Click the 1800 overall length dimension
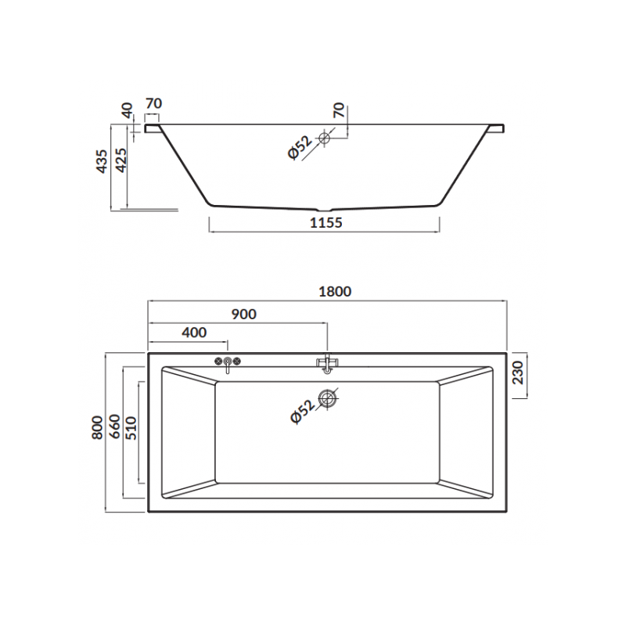pos(335,291)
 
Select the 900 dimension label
pos(244,315)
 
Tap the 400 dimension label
pos(194,332)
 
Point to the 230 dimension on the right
pos(518,372)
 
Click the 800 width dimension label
pos(97,427)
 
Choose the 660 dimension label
pos(114,426)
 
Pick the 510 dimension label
pos(131,428)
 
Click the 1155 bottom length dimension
pos(326,222)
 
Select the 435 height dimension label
pos(102,161)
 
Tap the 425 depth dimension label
pos(121,160)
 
